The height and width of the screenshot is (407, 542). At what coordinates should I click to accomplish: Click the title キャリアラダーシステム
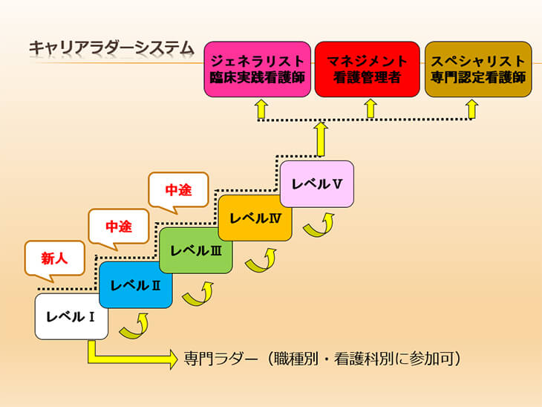pyautogui.click(x=111, y=48)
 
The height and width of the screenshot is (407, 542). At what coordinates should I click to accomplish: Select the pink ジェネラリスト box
pyautogui.click(x=257, y=69)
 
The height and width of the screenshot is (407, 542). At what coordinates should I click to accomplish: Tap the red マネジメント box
pyautogui.click(x=367, y=69)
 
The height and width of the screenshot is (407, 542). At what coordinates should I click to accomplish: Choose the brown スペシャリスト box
pyautogui.click(x=478, y=69)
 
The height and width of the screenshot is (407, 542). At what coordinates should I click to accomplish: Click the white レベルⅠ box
pyautogui.click(x=71, y=316)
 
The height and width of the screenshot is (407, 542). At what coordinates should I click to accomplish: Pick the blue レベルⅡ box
pyautogui.click(x=135, y=284)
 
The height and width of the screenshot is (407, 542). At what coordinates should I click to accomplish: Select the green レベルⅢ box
pyautogui.click(x=196, y=250)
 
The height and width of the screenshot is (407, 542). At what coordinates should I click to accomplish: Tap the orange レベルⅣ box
pyautogui.click(x=255, y=218)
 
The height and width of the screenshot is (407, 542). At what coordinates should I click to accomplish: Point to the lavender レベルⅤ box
pyautogui.click(x=317, y=184)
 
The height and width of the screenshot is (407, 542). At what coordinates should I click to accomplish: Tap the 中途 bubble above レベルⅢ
pyautogui.click(x=178, y=190)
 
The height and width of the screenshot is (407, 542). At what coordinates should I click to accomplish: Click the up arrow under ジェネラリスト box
pyautogui.click(x=261, y=109)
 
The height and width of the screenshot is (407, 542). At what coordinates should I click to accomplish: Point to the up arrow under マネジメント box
pyautogui.click(x=370, y=108)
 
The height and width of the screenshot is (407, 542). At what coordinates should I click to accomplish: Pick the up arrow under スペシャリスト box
pyautogui.click(x=471, y=109)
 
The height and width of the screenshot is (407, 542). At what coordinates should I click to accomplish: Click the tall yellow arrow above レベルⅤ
pyautogui.click(x=321, y=140)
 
